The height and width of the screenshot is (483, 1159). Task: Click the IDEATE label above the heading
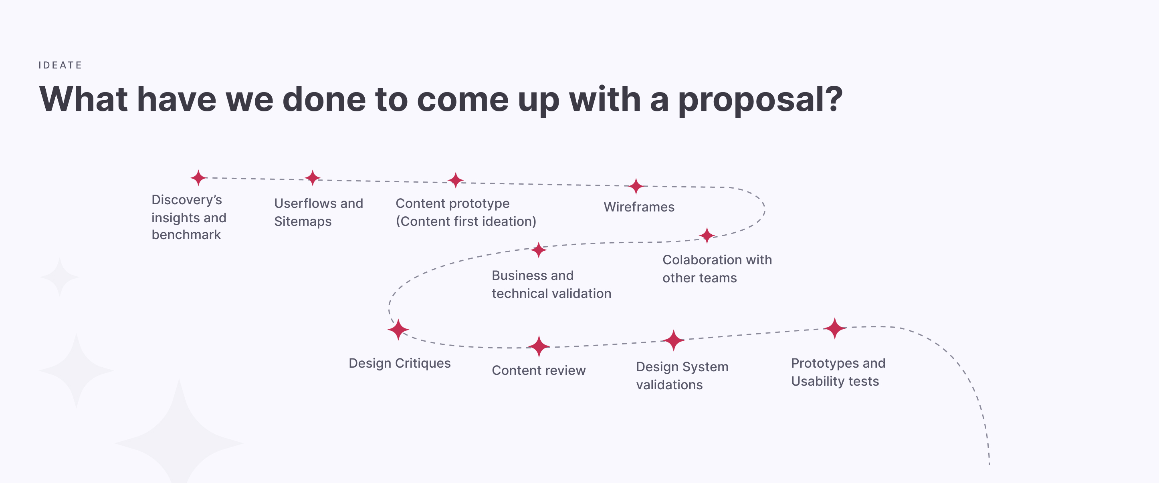(x=60, y=65)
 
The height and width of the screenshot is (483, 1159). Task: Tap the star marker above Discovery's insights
(x=198, y=178)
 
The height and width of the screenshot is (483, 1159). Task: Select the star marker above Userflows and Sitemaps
(x=312, y=178)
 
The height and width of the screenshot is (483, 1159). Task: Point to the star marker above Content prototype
(x=455, y=180)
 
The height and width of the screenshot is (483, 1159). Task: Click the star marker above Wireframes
(x=636, y=186)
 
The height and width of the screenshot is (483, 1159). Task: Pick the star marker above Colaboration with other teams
(x=707, y=235)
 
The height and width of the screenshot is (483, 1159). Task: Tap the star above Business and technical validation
(x=539, y=250)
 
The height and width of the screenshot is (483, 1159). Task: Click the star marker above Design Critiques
(x=398, y=330)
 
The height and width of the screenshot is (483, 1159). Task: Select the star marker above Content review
(x=539, y=346)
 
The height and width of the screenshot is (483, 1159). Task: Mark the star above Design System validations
(x=674, y=340)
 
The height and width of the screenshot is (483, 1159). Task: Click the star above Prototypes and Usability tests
(x=835, y=328)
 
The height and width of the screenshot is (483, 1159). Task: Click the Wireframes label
(x=639, y=207)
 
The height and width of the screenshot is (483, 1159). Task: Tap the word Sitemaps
(x=303, y=221)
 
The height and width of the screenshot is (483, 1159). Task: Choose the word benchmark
(x=186, y=235)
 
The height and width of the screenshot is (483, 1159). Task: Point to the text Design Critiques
(x=400, y=363)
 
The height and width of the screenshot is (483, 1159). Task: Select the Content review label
(x=539, y=370)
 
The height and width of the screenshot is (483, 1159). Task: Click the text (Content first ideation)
(x=466, y=221)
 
